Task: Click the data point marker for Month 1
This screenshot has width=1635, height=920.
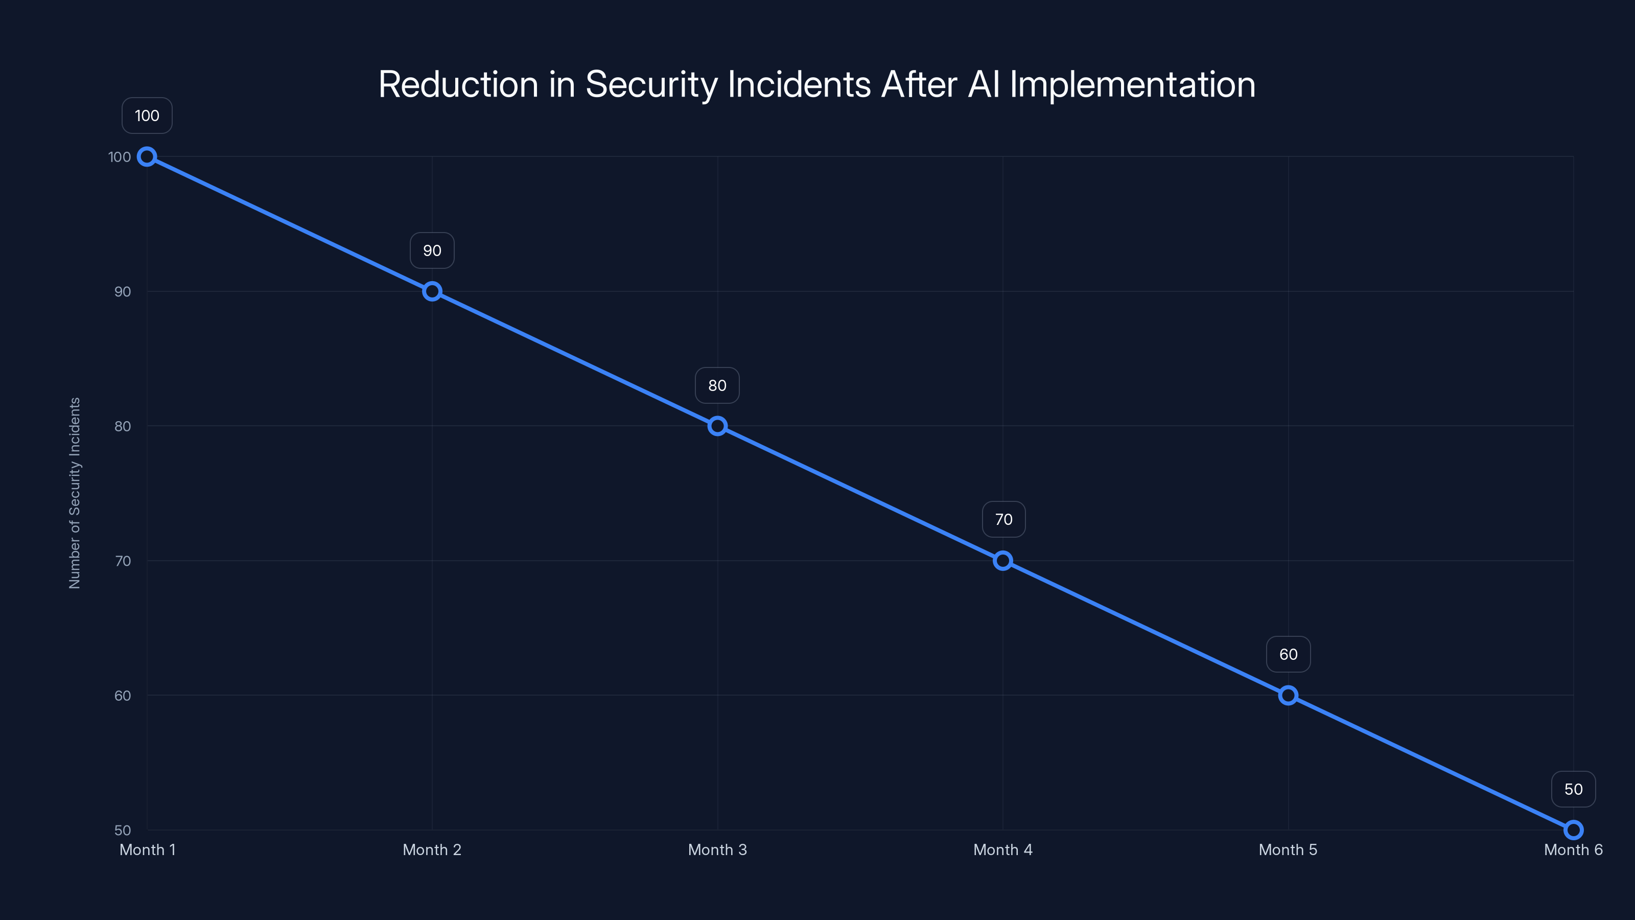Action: (x=147, y=157)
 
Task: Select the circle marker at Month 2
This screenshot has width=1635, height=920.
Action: (x=432, y=291)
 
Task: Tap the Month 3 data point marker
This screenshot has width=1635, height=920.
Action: (x=717, y=426)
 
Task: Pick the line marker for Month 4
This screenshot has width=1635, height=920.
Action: (x=1003, y=561)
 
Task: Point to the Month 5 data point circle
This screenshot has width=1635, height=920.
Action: (x=1288, y=695)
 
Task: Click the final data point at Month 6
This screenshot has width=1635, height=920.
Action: (x=1574, y=830)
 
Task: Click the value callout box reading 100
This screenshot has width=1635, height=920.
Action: (x=147, y=116)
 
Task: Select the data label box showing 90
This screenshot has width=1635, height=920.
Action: (x=432, y=251)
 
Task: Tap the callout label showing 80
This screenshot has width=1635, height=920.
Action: (x=717, y=385)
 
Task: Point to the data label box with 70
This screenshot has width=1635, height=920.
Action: (x=1003, y=519)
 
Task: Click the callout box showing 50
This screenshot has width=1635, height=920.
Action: (x=1574, y=789)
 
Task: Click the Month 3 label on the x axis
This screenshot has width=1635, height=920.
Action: (x=717, y=849)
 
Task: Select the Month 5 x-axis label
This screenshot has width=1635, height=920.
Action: (x=1288, y=849)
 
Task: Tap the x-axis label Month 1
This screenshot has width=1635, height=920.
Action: (x=147, y=849)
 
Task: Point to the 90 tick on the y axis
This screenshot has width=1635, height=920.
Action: (x=123, y=291)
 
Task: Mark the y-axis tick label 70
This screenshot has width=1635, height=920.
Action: (x=123, y=561)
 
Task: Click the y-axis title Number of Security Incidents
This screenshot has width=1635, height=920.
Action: (x=75, y=493)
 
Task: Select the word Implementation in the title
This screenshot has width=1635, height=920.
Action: (x=1132, y=84)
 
